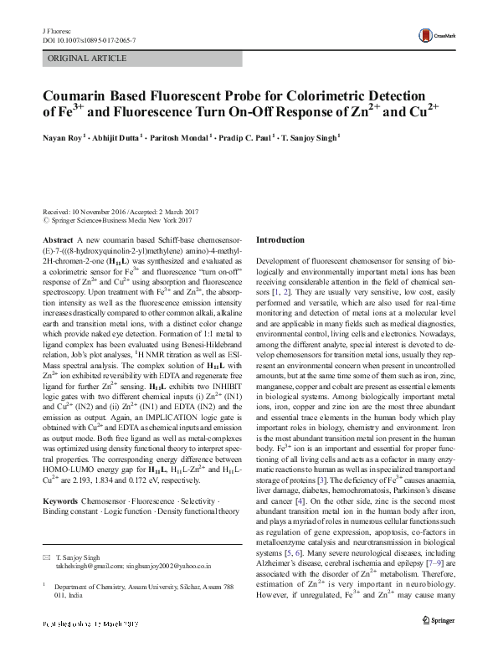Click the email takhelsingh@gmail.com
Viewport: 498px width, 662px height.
point(88,567)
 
